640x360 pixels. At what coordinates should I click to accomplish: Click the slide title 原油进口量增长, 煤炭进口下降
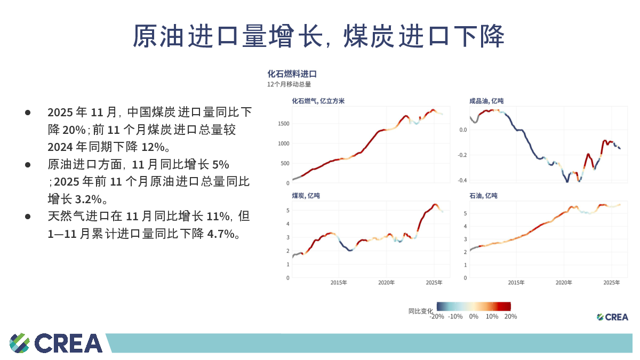(x=318, y=36)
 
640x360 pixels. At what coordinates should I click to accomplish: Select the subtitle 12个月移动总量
(x=289, y=84)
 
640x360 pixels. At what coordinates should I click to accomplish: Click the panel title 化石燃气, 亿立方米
(x=318, y=101)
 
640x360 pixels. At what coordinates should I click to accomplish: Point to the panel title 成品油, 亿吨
(x=486, y=101)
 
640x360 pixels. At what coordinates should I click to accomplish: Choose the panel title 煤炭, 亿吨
(x=306, y=196)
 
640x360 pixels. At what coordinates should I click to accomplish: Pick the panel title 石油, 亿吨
(x=483, y=196)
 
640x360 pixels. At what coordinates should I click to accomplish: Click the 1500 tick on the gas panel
(x=283, y=124)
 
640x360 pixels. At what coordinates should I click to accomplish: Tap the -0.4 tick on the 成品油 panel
(x=461, y=180)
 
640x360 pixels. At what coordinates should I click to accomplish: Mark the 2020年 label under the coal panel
(x=387, y=283)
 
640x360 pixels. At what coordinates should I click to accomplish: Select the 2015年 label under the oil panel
(x=516, y=283)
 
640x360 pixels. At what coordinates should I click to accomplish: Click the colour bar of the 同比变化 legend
(x=474, y=306)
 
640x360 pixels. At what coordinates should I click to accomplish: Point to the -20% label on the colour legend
(x=437, y=316)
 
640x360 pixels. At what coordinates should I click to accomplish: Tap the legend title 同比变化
(x=421, y=311)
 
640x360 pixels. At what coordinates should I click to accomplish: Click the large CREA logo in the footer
(x=56, y=343)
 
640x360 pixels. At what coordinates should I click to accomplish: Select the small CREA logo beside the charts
(x=612, y=317)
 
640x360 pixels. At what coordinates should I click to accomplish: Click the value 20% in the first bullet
(x=74, y=130)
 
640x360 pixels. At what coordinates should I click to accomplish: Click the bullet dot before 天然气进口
(x=28, y=217)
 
